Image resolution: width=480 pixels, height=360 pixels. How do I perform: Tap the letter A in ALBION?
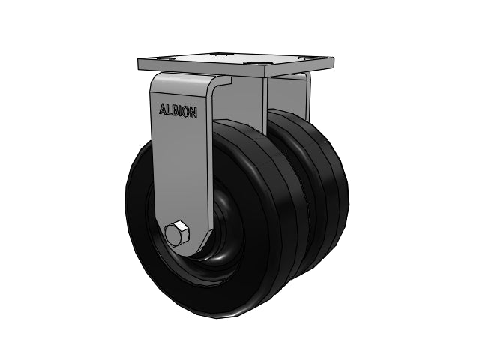tap(163, 109)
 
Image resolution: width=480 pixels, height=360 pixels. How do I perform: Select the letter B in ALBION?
tap(175, 110)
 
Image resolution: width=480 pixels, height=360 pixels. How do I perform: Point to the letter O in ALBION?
tap(186, 112)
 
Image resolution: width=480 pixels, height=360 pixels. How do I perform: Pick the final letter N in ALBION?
tap(193, 113)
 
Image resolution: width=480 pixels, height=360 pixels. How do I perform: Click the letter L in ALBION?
tap(170, 110)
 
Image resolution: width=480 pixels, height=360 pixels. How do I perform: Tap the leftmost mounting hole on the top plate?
tap(167, 58)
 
